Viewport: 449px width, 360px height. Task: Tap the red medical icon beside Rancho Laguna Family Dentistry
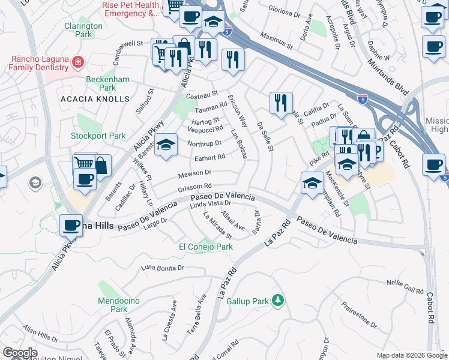(77, 62)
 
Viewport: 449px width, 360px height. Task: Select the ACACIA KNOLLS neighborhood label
(95, 98)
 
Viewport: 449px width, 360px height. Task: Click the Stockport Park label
(98, 136)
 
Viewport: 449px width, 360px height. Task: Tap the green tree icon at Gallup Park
(277, 299)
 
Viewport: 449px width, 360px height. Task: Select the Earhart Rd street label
(210, 158)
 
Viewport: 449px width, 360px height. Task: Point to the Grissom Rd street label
(195, 187)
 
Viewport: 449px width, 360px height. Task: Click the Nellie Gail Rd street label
(406, 286)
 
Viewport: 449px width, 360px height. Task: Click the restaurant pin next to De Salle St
(281, 104)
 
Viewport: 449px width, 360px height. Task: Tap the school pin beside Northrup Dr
(166, 145)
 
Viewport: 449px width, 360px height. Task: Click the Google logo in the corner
(20, 353)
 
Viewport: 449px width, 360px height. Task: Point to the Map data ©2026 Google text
(412, 355)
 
